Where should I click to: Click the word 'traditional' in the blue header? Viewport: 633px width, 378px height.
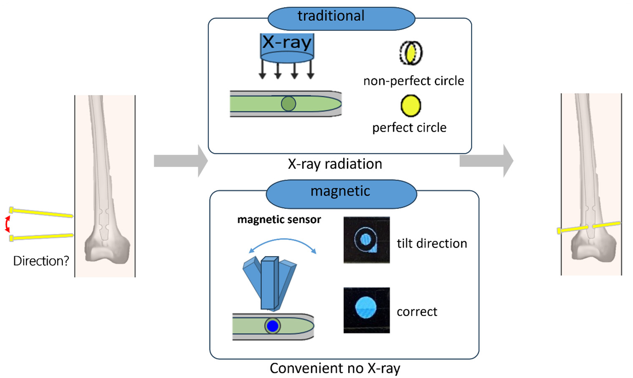331,15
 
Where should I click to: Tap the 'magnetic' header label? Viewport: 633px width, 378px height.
340,191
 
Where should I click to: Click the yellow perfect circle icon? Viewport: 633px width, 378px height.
411,106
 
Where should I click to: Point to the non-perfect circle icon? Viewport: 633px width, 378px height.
411,53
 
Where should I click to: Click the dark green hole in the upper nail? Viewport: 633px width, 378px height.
289,103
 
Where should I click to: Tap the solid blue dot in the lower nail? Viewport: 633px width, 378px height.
272,326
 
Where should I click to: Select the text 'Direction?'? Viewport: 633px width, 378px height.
41,261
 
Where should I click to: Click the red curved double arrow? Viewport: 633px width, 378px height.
7,224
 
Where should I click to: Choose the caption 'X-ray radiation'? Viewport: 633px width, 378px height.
335,164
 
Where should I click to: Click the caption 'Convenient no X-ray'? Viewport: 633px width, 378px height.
335,368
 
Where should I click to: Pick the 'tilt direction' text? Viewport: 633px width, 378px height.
432,244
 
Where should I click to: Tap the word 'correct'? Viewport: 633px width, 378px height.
417,312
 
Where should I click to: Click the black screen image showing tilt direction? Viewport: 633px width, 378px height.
367,240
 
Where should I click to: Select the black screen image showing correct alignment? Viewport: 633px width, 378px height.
367,310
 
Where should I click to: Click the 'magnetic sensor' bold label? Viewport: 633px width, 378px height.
279,220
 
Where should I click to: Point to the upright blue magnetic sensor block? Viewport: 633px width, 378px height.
270,283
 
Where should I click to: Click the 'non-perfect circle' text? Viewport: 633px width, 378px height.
414,81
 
